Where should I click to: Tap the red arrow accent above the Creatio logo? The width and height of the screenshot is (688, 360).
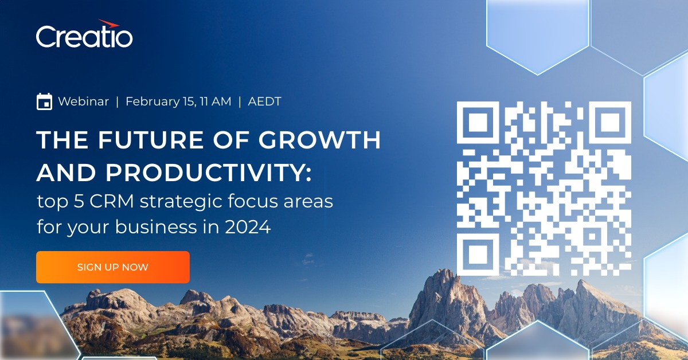tap(109, 24)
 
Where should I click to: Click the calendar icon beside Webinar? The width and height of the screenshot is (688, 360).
tap(44, 101)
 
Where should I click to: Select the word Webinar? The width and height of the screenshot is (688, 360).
tap(84, 101)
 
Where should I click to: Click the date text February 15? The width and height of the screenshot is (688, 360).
tap(161, 101)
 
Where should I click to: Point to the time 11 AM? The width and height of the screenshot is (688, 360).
tap(216, 101)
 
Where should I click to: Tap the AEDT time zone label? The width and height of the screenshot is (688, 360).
tap(264, 101)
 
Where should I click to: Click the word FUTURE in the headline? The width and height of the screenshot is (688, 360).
tap(150, 140)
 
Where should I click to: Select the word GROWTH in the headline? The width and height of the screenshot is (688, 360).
tap(320, 140)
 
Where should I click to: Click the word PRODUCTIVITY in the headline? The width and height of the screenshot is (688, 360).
tap(208, 173)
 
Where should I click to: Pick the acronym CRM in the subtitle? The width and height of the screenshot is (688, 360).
tap(112, 201)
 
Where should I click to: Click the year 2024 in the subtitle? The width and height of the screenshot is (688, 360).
tap(248, 227)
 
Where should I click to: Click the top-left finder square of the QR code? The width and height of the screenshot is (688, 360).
tap(478, 122)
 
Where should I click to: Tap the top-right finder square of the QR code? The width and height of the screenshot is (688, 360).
tap(610, 122)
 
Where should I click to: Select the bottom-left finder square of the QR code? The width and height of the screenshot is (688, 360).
tap(478, 255)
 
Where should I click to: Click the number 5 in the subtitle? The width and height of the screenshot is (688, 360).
tap(79, 201)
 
